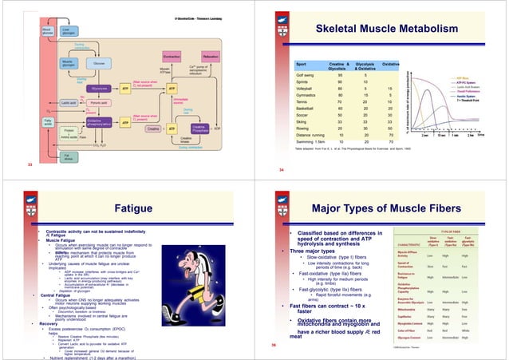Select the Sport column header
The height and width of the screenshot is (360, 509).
[302, 61]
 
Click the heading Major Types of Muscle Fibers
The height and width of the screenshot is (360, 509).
[389, 208]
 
